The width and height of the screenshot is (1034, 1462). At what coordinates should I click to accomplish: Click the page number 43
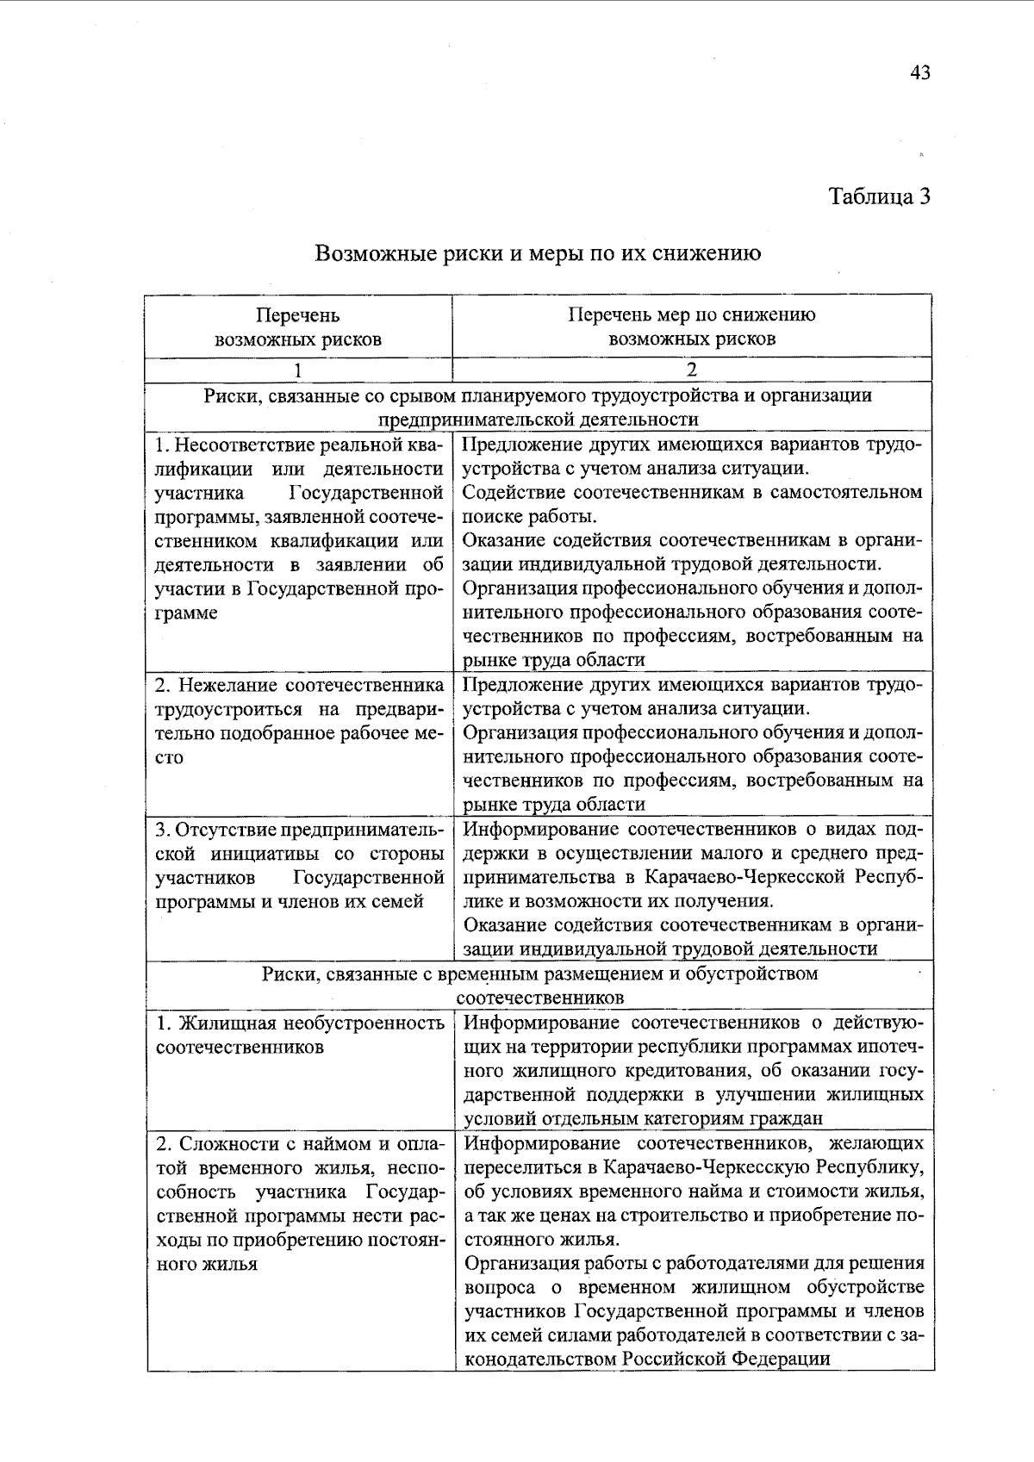tap(919, 72)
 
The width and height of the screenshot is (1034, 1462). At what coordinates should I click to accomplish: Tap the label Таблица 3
tap(880, 196)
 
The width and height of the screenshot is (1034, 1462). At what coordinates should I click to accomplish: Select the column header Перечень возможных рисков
tap(298, 327)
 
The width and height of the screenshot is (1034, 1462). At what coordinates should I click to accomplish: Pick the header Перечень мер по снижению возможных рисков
tap(692, 327)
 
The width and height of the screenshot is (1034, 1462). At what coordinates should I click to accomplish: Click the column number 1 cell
tap(298, 370)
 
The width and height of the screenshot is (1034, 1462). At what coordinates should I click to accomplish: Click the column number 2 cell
tap(692, 370)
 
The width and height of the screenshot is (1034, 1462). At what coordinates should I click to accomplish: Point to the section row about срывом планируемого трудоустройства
tap(538, 407)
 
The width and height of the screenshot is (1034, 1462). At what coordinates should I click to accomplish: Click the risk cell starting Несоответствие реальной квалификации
tap(299, 529)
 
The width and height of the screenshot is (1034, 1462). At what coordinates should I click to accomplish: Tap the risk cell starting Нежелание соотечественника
tap(299, 721)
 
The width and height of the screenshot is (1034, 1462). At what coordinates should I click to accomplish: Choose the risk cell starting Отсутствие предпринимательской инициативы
tap(299, 865)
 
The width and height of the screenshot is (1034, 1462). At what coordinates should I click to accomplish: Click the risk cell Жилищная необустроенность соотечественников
tap(299, 1035)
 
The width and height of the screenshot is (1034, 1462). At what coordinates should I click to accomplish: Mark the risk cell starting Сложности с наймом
tap(299, 1204)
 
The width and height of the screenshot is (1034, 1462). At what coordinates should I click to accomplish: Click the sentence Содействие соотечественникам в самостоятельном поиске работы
tap(692, 504)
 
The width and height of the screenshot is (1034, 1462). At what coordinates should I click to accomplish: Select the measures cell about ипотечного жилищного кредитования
tap(694, 1071)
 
